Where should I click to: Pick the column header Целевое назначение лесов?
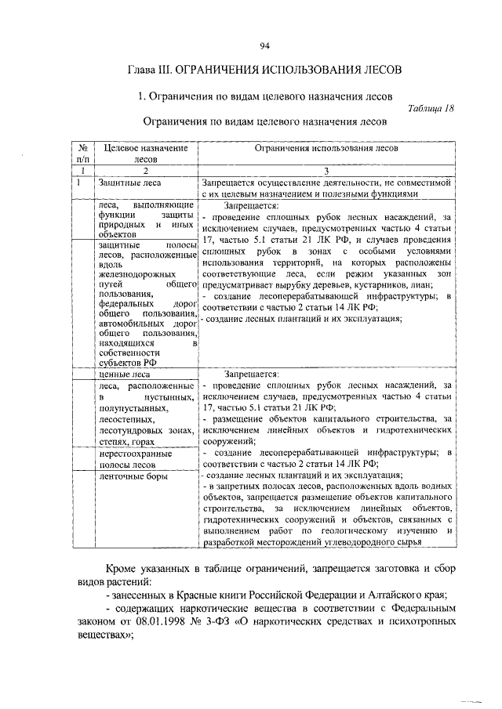[146, 152]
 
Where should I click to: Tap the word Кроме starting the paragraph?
[125, 566]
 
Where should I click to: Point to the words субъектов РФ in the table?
[123, 362]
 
